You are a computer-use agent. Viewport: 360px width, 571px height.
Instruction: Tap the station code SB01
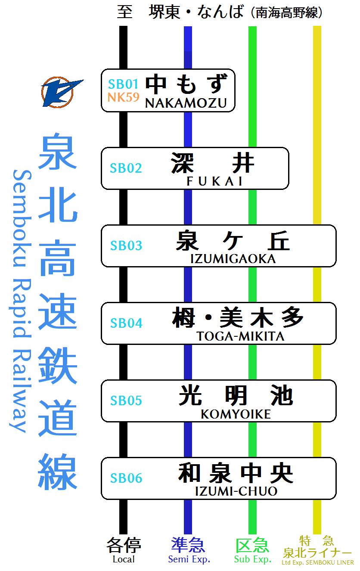tap(124, 84)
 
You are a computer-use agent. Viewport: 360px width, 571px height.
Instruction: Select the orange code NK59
tap(124, 97)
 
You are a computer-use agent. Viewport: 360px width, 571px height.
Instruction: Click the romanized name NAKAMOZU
tap(186, 103)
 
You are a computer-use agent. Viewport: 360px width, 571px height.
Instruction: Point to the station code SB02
tap(126, 168)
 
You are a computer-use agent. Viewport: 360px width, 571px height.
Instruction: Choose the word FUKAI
tap(214, 181)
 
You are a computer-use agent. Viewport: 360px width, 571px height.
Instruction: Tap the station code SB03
tap(126, 245)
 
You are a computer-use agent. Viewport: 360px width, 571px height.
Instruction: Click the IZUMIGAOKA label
tap(233, 259)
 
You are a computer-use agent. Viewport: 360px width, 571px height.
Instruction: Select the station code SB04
tap(126, 323)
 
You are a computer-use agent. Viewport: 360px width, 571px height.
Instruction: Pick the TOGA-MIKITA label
tap(240, 336)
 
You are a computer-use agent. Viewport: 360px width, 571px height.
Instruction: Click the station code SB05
tap(126, 400)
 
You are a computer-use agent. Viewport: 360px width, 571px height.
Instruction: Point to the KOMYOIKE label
tap(236, 414)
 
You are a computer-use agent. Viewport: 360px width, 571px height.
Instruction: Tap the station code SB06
tap(126, 478)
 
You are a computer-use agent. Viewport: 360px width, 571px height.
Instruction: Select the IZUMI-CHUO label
tap(236, 491)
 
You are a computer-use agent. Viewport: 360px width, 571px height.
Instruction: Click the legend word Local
tap(124, 559)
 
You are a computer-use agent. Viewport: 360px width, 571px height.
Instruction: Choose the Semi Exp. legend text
tap(189, 559)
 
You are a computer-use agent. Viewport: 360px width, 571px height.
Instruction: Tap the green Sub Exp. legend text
tap(252, 559)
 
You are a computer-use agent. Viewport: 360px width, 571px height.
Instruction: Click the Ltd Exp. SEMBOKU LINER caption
tap(318, 562)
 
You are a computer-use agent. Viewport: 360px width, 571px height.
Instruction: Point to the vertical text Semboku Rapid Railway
tap(21, 301)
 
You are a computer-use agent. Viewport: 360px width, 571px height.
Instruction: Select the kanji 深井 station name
tap(213, 163)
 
